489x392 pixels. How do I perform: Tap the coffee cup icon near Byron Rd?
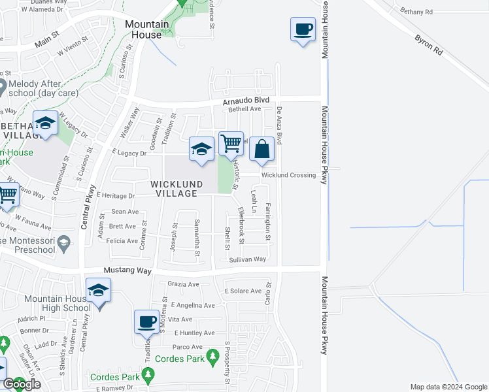[303, 29]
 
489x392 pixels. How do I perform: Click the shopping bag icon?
[261, 149]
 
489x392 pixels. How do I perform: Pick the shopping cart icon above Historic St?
[231, 143]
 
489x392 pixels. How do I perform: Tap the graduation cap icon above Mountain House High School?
[99, 290]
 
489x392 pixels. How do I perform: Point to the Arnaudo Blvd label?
[246, 99]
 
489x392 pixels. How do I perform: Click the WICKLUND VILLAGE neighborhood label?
[174, 189]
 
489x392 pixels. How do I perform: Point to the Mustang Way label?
[127, 270]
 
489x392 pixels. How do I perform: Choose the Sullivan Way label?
[247, 259]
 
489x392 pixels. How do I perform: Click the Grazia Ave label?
[183, 284]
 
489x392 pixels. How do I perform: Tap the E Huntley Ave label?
[194, 333]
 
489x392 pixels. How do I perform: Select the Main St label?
[47, 42]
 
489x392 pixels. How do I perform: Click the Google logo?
[22, 384]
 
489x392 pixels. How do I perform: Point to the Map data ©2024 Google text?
[448, 387]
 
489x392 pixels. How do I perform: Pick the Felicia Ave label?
[124, 241]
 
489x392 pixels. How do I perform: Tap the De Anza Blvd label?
[279, 126]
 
